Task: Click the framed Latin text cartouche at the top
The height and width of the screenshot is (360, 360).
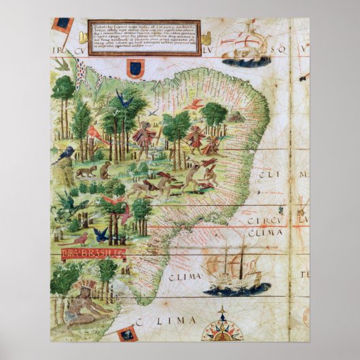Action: click(x=143, y=37)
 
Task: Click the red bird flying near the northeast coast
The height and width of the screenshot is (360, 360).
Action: click(x=195, y=104)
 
